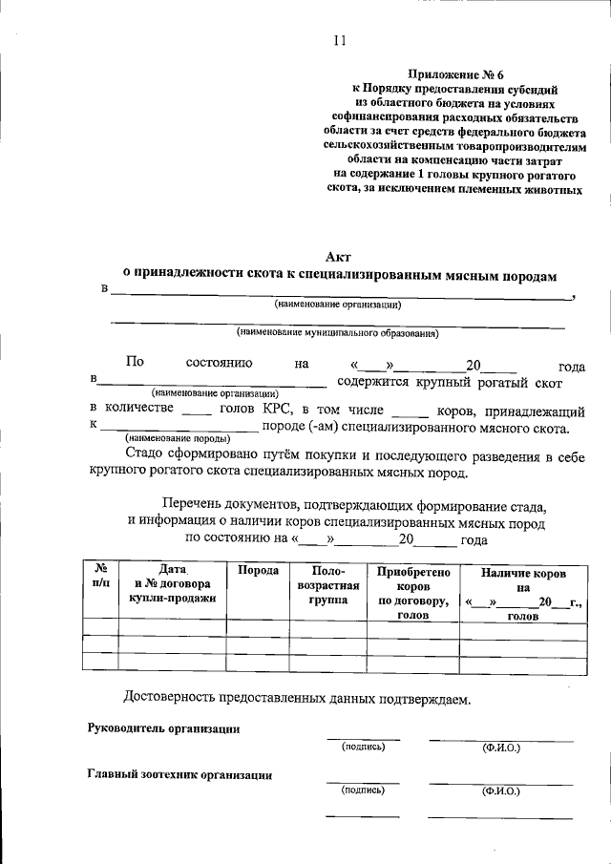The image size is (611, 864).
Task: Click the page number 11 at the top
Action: [339, 40]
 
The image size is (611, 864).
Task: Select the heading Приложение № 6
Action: [447, 73]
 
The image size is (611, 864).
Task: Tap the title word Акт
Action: [338, 256]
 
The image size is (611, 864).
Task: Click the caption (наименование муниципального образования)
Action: [338, 333]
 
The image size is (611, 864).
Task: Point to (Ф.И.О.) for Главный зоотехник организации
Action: [500, 791]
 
